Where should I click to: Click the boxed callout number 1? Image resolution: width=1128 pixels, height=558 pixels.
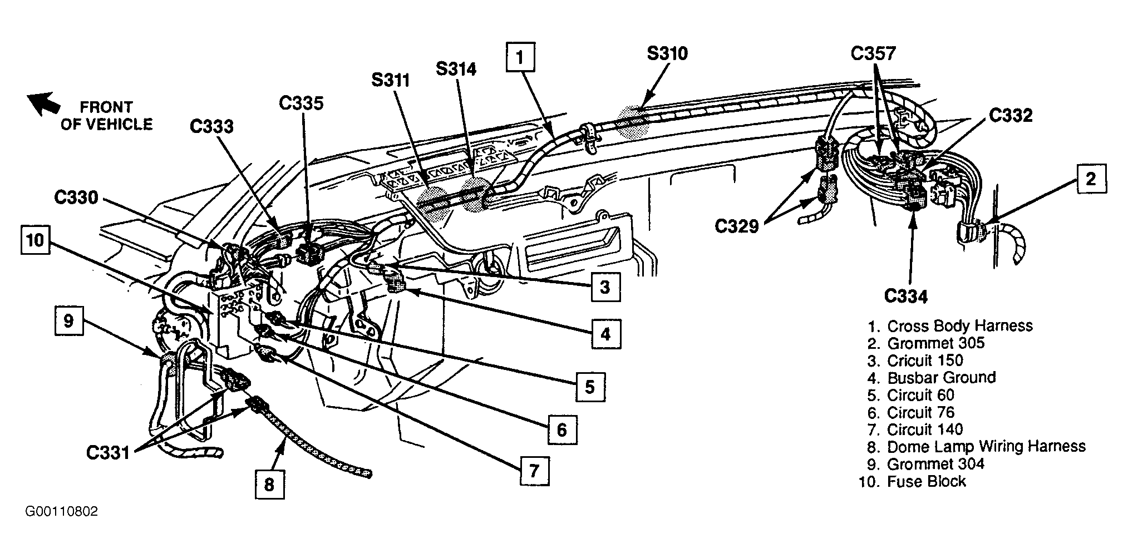(520, 57)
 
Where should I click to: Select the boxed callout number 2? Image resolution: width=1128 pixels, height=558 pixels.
(1091, 179)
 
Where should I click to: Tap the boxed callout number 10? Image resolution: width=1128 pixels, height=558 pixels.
(35, 240)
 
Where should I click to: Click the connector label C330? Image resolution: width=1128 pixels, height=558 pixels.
(76, 197)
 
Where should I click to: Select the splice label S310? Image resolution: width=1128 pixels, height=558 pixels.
(667, 54)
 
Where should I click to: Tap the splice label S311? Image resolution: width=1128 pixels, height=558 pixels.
(391, 80)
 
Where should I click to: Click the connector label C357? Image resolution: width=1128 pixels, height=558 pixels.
(873, 53)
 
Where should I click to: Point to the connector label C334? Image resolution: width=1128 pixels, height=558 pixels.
(906, 297)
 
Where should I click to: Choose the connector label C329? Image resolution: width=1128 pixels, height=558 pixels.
(737, 226)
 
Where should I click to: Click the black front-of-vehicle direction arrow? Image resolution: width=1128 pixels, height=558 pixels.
(44, 103)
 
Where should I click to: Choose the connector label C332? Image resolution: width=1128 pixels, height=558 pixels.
(1011, 115)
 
